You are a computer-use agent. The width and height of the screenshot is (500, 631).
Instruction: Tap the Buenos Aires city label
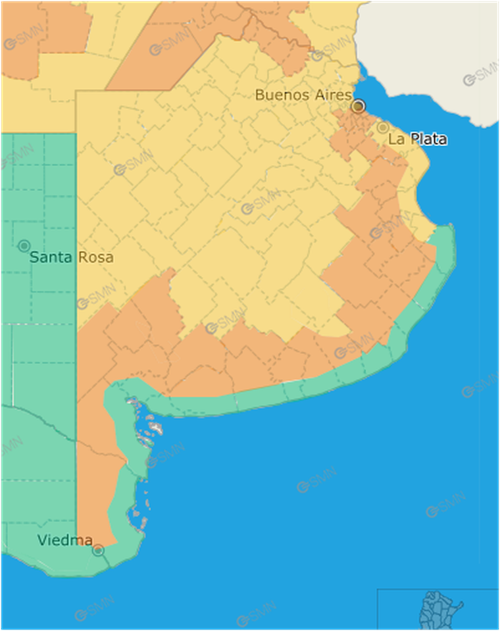(x=303, y=95)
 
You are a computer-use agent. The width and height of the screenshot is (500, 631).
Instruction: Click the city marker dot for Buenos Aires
(x=358, y=105)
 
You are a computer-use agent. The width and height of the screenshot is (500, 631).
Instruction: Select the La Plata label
(x=417, y=139)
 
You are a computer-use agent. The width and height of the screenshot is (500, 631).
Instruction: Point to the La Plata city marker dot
(x=383, y=128)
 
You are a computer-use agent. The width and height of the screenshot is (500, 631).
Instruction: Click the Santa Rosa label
(x=71, y=257)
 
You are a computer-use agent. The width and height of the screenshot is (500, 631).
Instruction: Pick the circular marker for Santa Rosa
(x=24, y=246)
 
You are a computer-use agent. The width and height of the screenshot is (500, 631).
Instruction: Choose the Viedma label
(x=64, y=541)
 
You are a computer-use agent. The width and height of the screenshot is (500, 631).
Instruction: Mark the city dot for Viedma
(x=98, y=550)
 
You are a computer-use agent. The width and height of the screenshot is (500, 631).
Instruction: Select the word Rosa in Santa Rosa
(x=95, y=257)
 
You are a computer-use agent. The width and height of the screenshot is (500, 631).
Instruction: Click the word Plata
(x=427, y=139)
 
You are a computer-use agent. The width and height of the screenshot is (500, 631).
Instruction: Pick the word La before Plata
(x=396, y=139)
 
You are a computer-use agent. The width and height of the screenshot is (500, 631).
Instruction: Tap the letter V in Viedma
(x=42, y=541)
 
